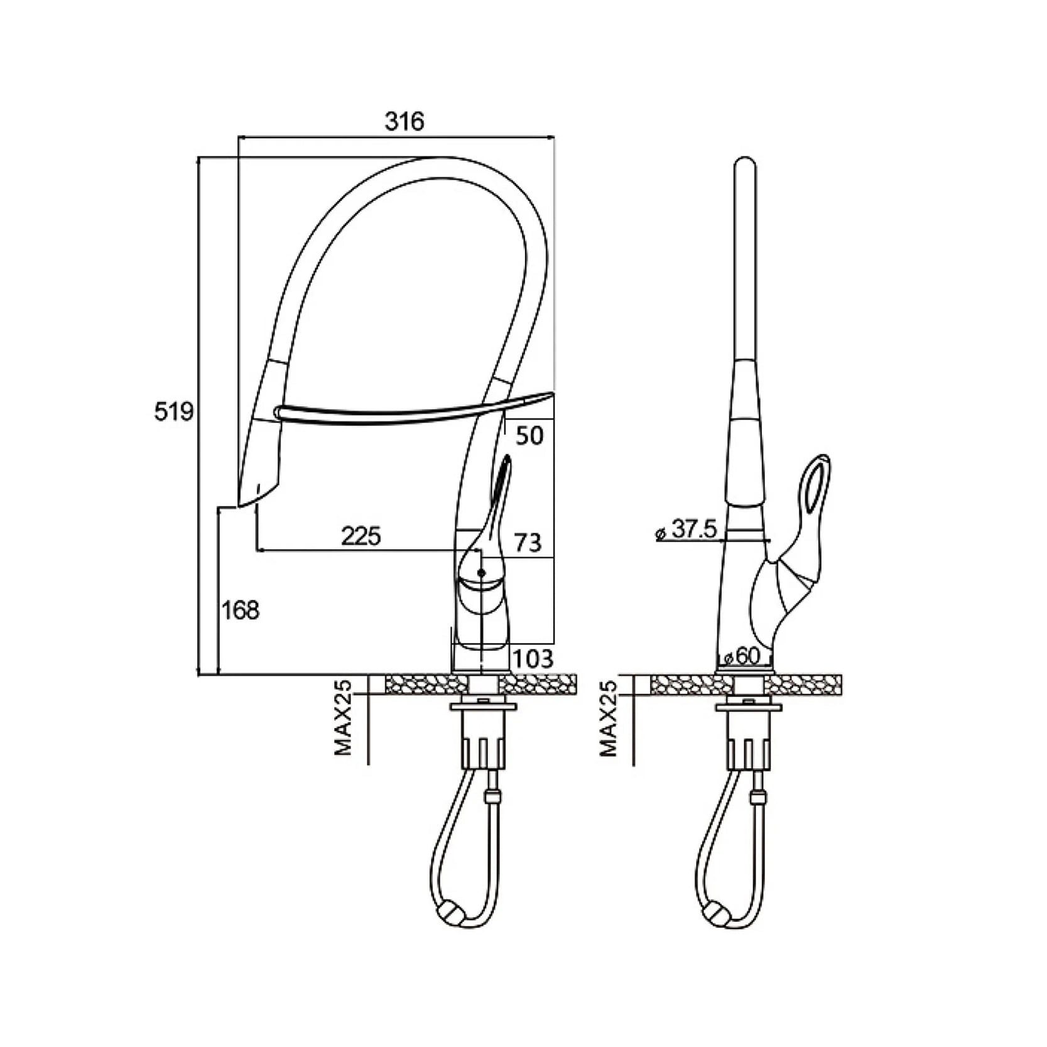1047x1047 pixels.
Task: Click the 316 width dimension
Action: (x=404, y=121)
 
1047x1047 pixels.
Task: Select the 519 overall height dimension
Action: (x=174, y=412)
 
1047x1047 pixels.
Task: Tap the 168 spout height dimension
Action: (x=240, y=609)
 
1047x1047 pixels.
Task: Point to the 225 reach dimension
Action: (x=361, y=536)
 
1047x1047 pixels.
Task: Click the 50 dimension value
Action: (x=529, y=435)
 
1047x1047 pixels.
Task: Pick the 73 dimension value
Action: (x=528, y=542)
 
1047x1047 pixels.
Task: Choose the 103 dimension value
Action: (x=533, y=658)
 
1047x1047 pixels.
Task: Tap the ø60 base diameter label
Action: (x=742, y=656)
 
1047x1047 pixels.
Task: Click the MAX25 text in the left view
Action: (x=343, y=718)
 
